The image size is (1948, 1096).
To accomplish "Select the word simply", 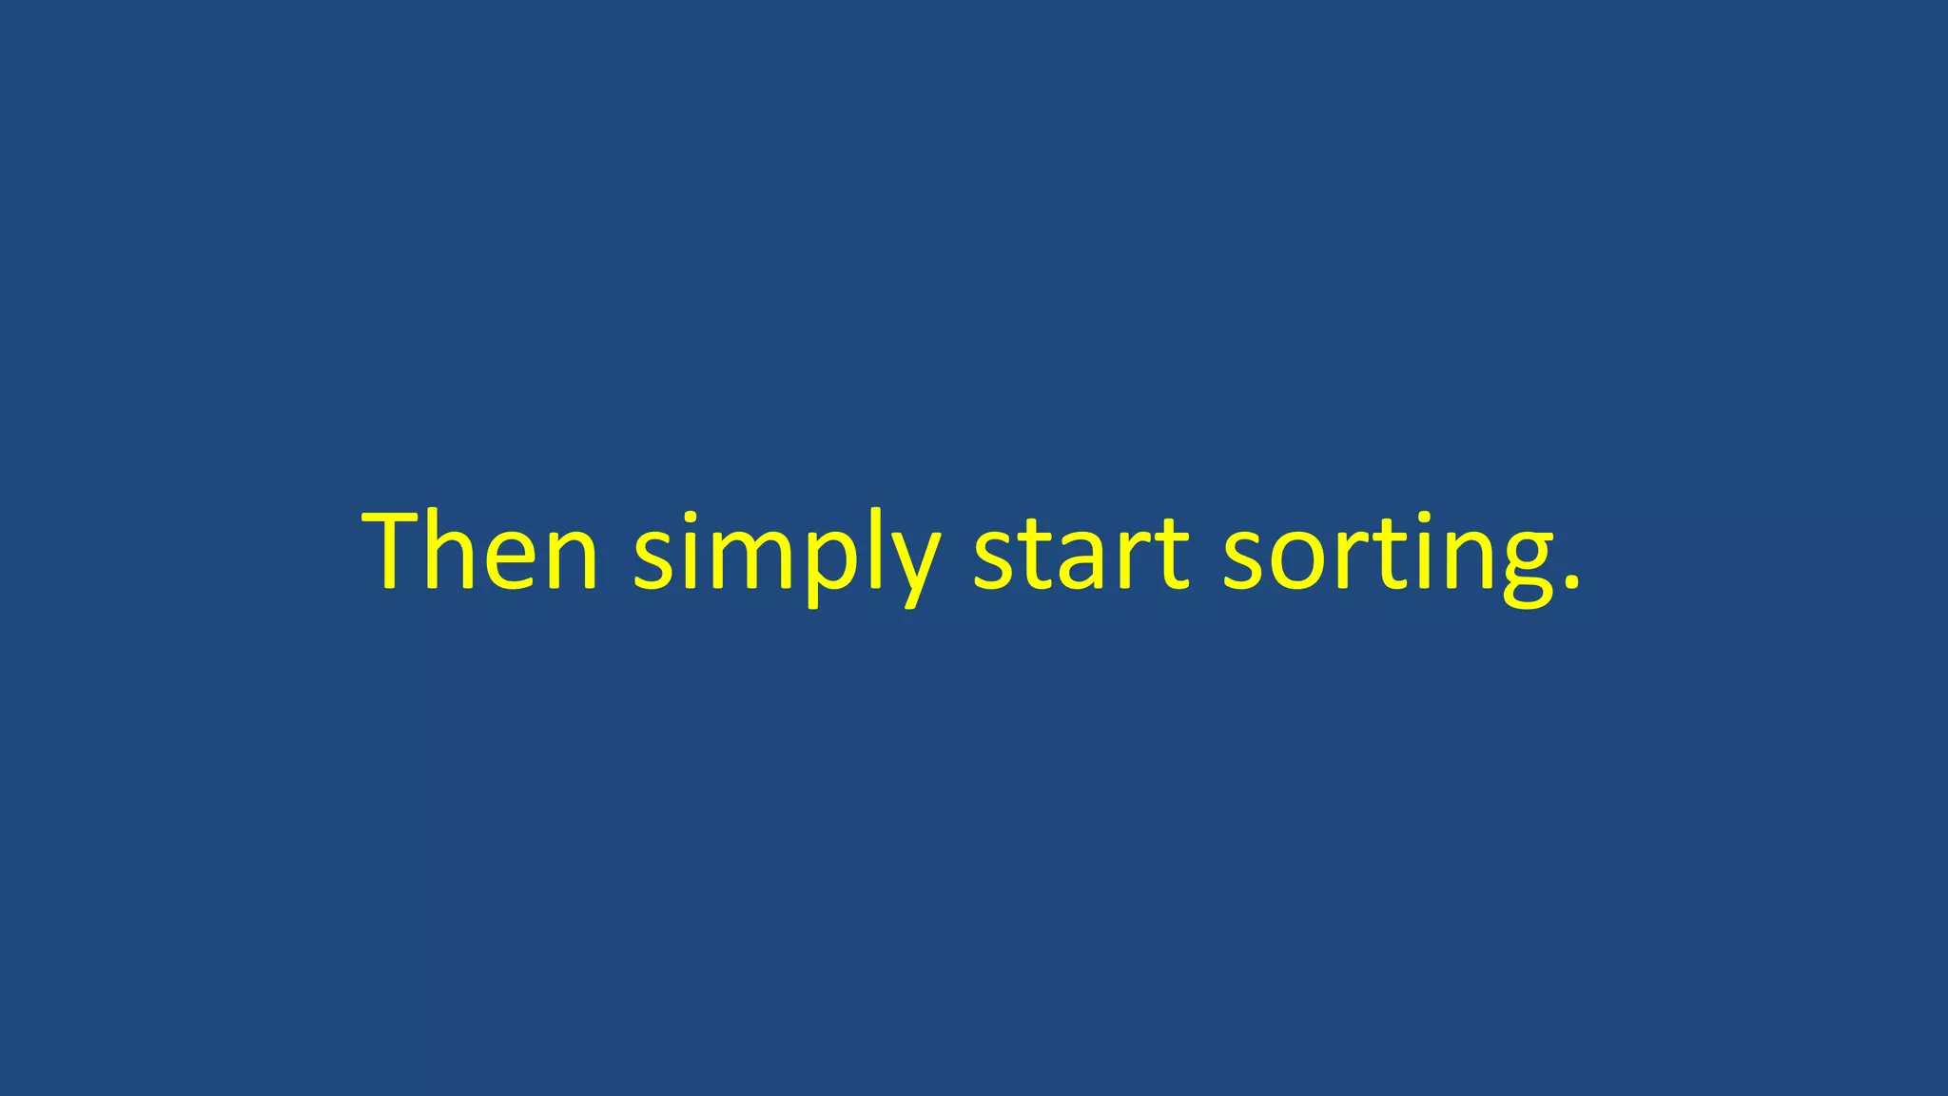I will coord(787,557).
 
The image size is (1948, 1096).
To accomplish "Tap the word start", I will coord(1081,552).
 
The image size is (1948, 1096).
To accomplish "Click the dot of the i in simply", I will coord(688,519).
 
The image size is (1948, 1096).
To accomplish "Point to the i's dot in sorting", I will coord(1423,519).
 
